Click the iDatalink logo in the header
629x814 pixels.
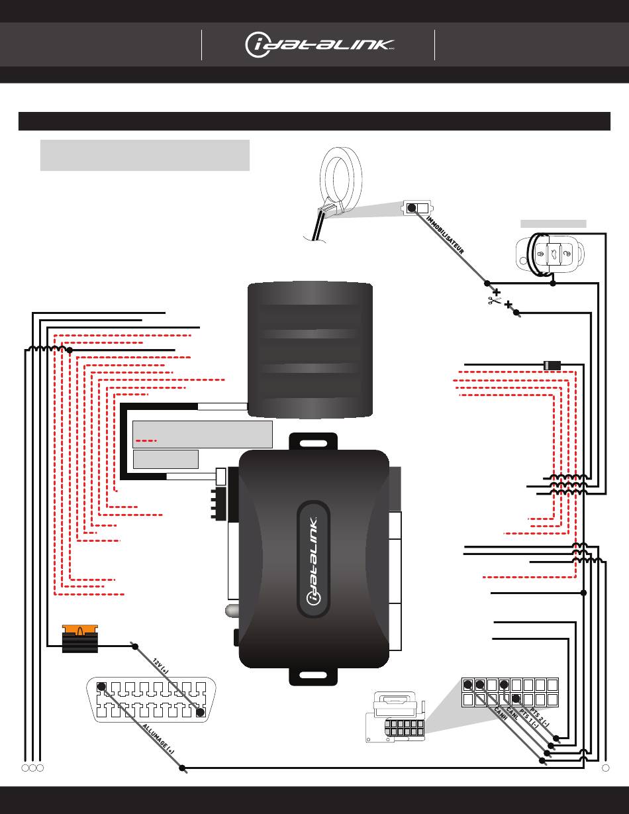pyautogui.click(x=319, y=45)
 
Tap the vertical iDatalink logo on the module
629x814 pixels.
pyautogui.click(x=313, y=561)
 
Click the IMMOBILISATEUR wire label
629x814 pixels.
pyautogui.click(x=445, y=235)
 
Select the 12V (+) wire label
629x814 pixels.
pyautogui.click(x=161, y=666)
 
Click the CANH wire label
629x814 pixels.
pyautogui.click(x=500, y=714)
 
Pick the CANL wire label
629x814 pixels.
pyautogui.click(x=512, y=713)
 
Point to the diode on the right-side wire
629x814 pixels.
pyautogui.click(x=552, y=365)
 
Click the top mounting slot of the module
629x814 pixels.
pyautogui.click(x=313, y=444)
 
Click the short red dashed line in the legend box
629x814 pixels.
pyautogui.click(x=146, y=440)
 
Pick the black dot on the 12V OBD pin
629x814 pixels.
pyautogui.click(x=201, y=712)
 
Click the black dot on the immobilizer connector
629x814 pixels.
pyautogui.click(x=411, y=208)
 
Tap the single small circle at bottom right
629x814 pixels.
pyautogui.click(x=605, y=768)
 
